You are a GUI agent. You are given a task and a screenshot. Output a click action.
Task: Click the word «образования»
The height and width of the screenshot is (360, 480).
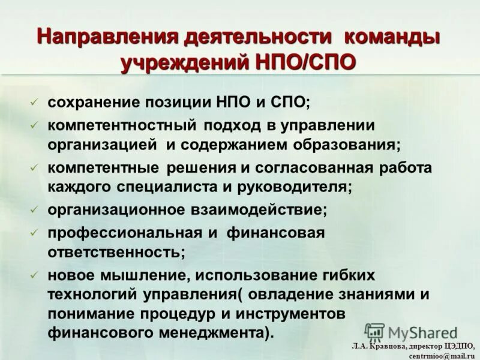coord(344,145)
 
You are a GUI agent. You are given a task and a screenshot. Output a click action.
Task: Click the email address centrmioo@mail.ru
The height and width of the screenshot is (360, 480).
coord(442,355)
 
